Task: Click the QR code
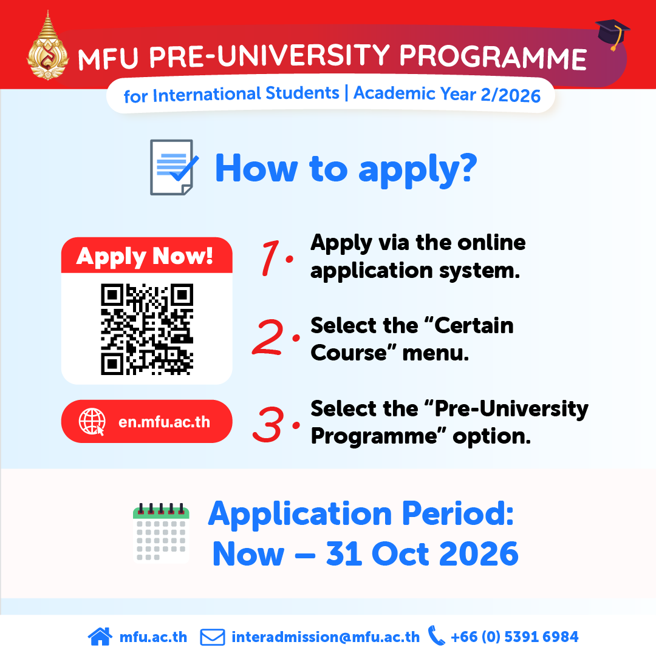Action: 147,330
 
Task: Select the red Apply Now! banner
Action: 147,255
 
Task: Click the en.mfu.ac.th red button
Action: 147,421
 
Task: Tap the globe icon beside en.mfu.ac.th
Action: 92,422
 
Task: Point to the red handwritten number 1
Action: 270,258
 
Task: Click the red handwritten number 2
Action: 268,337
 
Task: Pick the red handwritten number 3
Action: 268,424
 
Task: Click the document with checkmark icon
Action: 174,167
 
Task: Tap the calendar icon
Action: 161,533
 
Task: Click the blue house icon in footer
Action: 100,637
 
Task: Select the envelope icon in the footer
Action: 213,637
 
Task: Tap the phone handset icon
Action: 436,636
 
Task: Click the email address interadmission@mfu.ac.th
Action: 326,637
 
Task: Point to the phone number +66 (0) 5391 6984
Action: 514,637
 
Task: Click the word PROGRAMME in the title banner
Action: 493,56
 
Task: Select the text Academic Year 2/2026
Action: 447,94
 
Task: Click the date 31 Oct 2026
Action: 422,553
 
